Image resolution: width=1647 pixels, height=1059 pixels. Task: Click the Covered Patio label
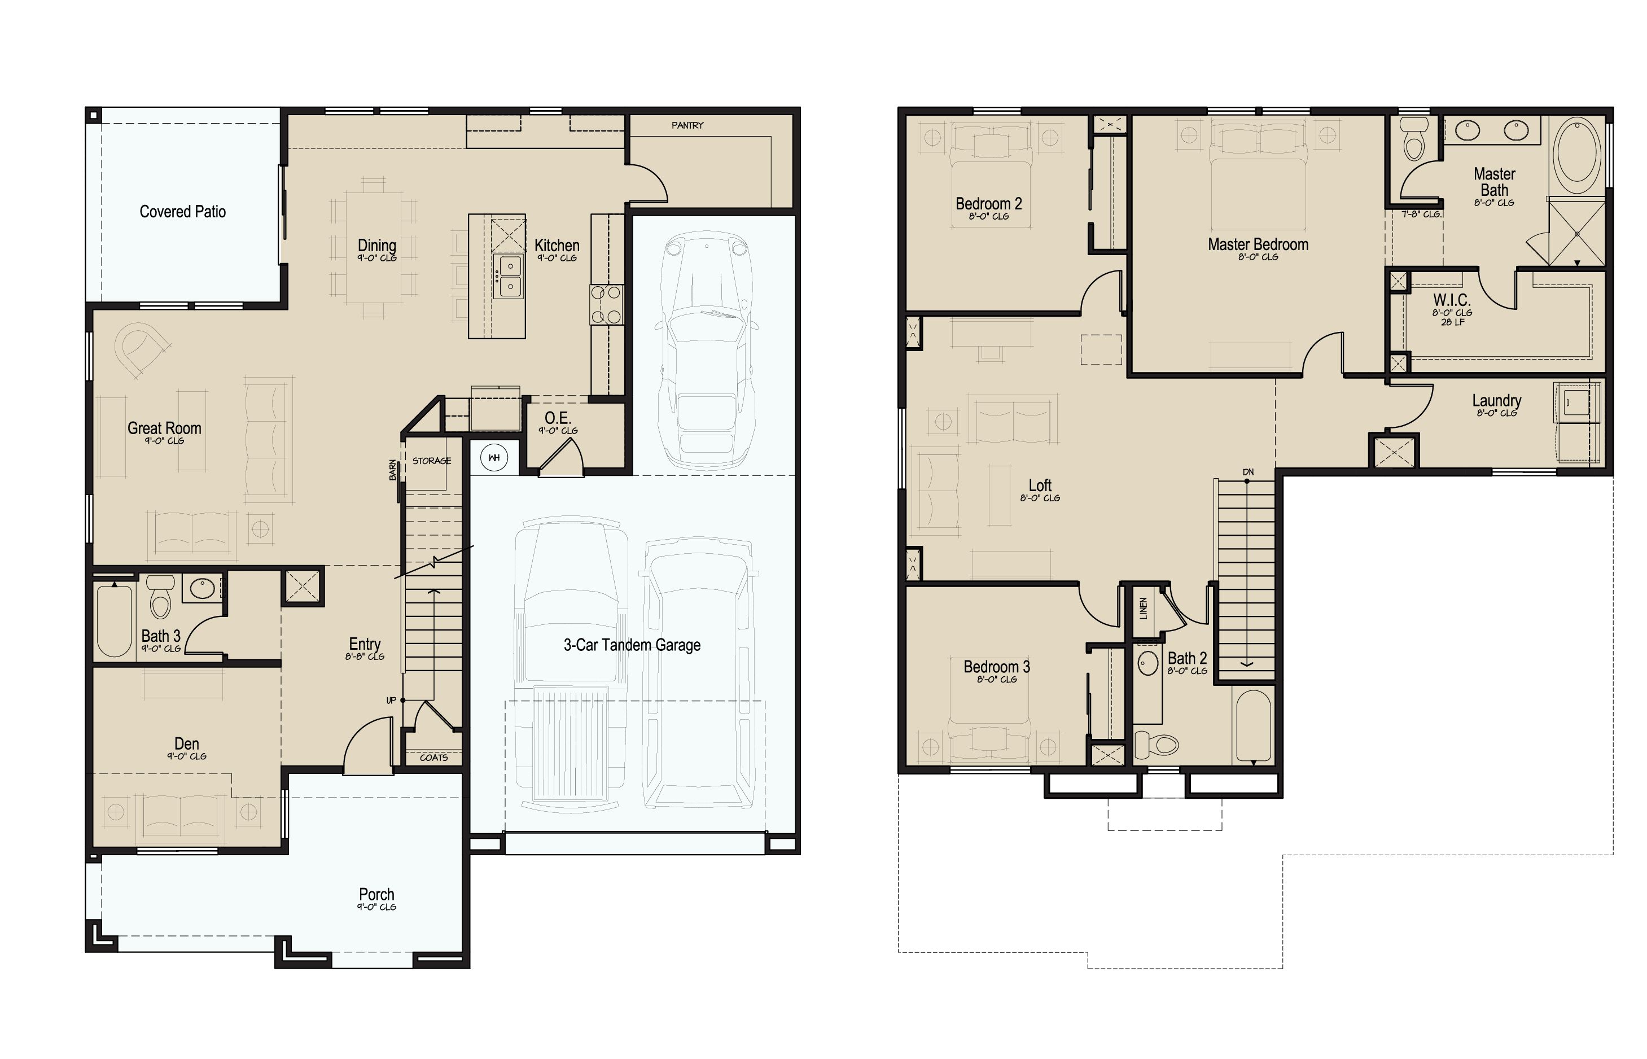pos(182,211)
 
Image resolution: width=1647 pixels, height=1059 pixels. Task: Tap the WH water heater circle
pos(493,457)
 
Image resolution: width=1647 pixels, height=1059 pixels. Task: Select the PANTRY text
pos(687,125)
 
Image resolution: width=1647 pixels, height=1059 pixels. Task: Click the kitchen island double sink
pos(509,275)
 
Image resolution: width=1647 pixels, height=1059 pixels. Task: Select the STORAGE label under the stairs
pos(432,461)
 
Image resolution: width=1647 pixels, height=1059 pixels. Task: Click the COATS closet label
pos(433,757)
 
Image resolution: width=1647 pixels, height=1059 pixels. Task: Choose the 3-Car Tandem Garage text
pos(632,645)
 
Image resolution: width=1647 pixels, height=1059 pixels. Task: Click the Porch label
pos(376,894)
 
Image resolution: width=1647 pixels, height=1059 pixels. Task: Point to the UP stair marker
pos(391,700)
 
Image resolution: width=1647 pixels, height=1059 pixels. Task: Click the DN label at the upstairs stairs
pos(1247,472)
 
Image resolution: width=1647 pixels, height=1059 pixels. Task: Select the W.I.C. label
pos(1451,300)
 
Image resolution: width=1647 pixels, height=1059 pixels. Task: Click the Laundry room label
pos(1496,400)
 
